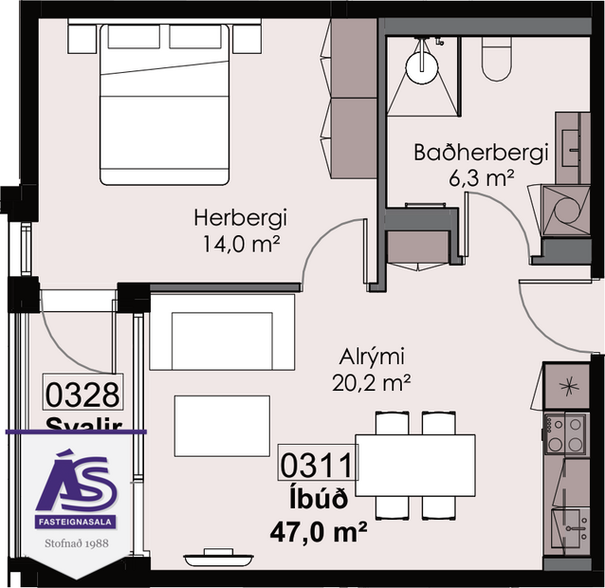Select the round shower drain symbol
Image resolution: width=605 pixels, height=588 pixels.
(x=422, y=63)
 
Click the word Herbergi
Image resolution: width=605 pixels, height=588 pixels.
(x=240, y=218)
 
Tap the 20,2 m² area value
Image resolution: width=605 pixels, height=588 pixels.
(x=373, y=382)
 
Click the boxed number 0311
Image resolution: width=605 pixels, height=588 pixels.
(x=317, y=466)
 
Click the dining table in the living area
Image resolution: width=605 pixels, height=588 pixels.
(x=414, y=465)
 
